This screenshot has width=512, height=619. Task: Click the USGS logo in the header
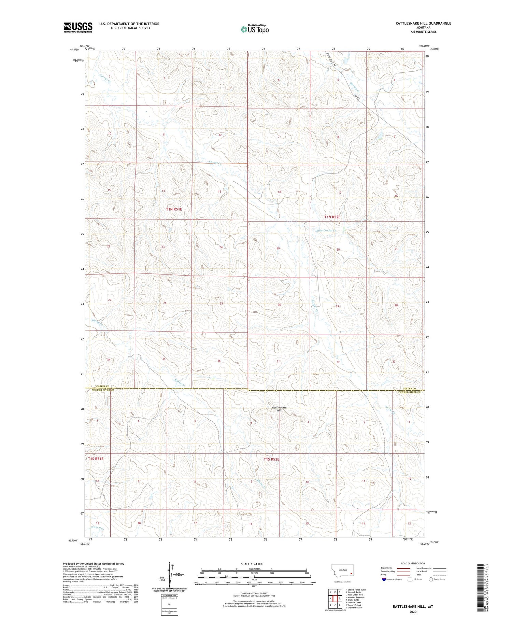(78, 27)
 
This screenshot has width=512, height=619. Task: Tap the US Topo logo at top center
(254, 29)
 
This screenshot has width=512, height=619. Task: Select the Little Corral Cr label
(326, 231)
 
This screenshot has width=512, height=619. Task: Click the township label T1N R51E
(174, 209)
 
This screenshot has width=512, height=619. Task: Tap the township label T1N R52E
(332, 217)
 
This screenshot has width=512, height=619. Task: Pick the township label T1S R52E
(271, 459)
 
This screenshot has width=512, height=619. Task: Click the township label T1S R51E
(96, 459)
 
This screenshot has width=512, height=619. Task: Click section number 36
(219, 361)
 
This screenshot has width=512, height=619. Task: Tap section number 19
(278, 249)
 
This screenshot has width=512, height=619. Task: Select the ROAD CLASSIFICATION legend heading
(413, 563)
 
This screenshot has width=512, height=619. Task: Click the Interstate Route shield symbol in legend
(384, 579)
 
